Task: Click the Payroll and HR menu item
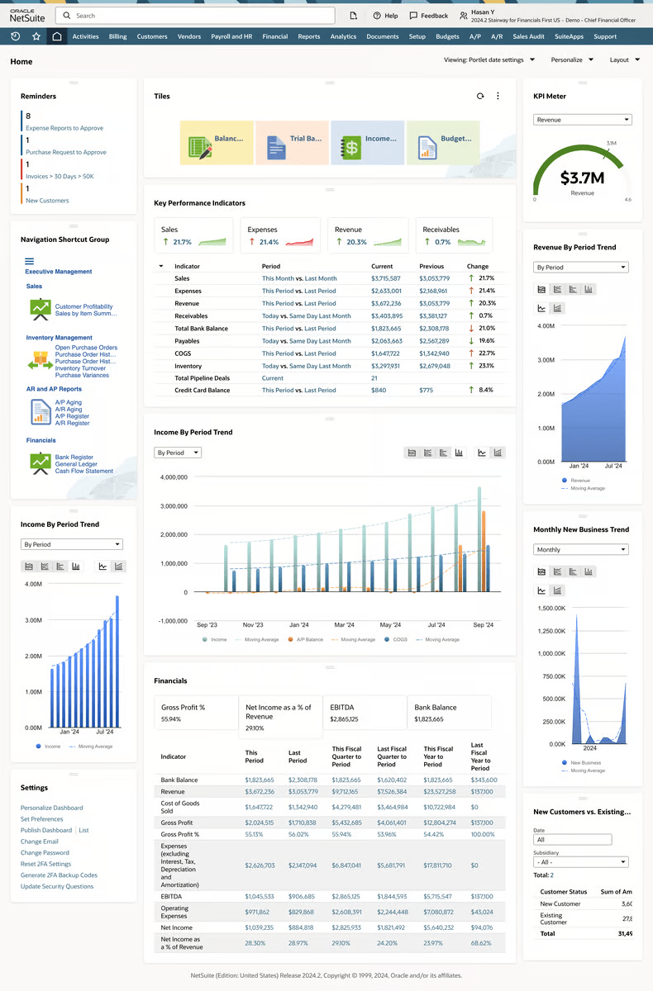coord(231,36)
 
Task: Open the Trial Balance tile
coord(293,141)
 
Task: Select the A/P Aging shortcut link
coord(68,402)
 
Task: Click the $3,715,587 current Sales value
coord(385,278)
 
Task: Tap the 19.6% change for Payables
coord(486,340)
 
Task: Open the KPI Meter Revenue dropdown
coord(582,120)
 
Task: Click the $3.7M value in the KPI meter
coord(582,178)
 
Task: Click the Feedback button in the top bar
coord(428,16)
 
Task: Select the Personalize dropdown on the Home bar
coord(571,59)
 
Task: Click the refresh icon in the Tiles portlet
coord(480,96)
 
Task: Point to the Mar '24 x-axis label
coord(345,625)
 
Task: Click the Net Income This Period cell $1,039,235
coord(260,927)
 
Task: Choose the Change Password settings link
coord(45,852)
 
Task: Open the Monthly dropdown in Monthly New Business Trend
coord(580,549)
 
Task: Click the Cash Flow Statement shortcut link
coord(84,471)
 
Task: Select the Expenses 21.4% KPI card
coord(279,235)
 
